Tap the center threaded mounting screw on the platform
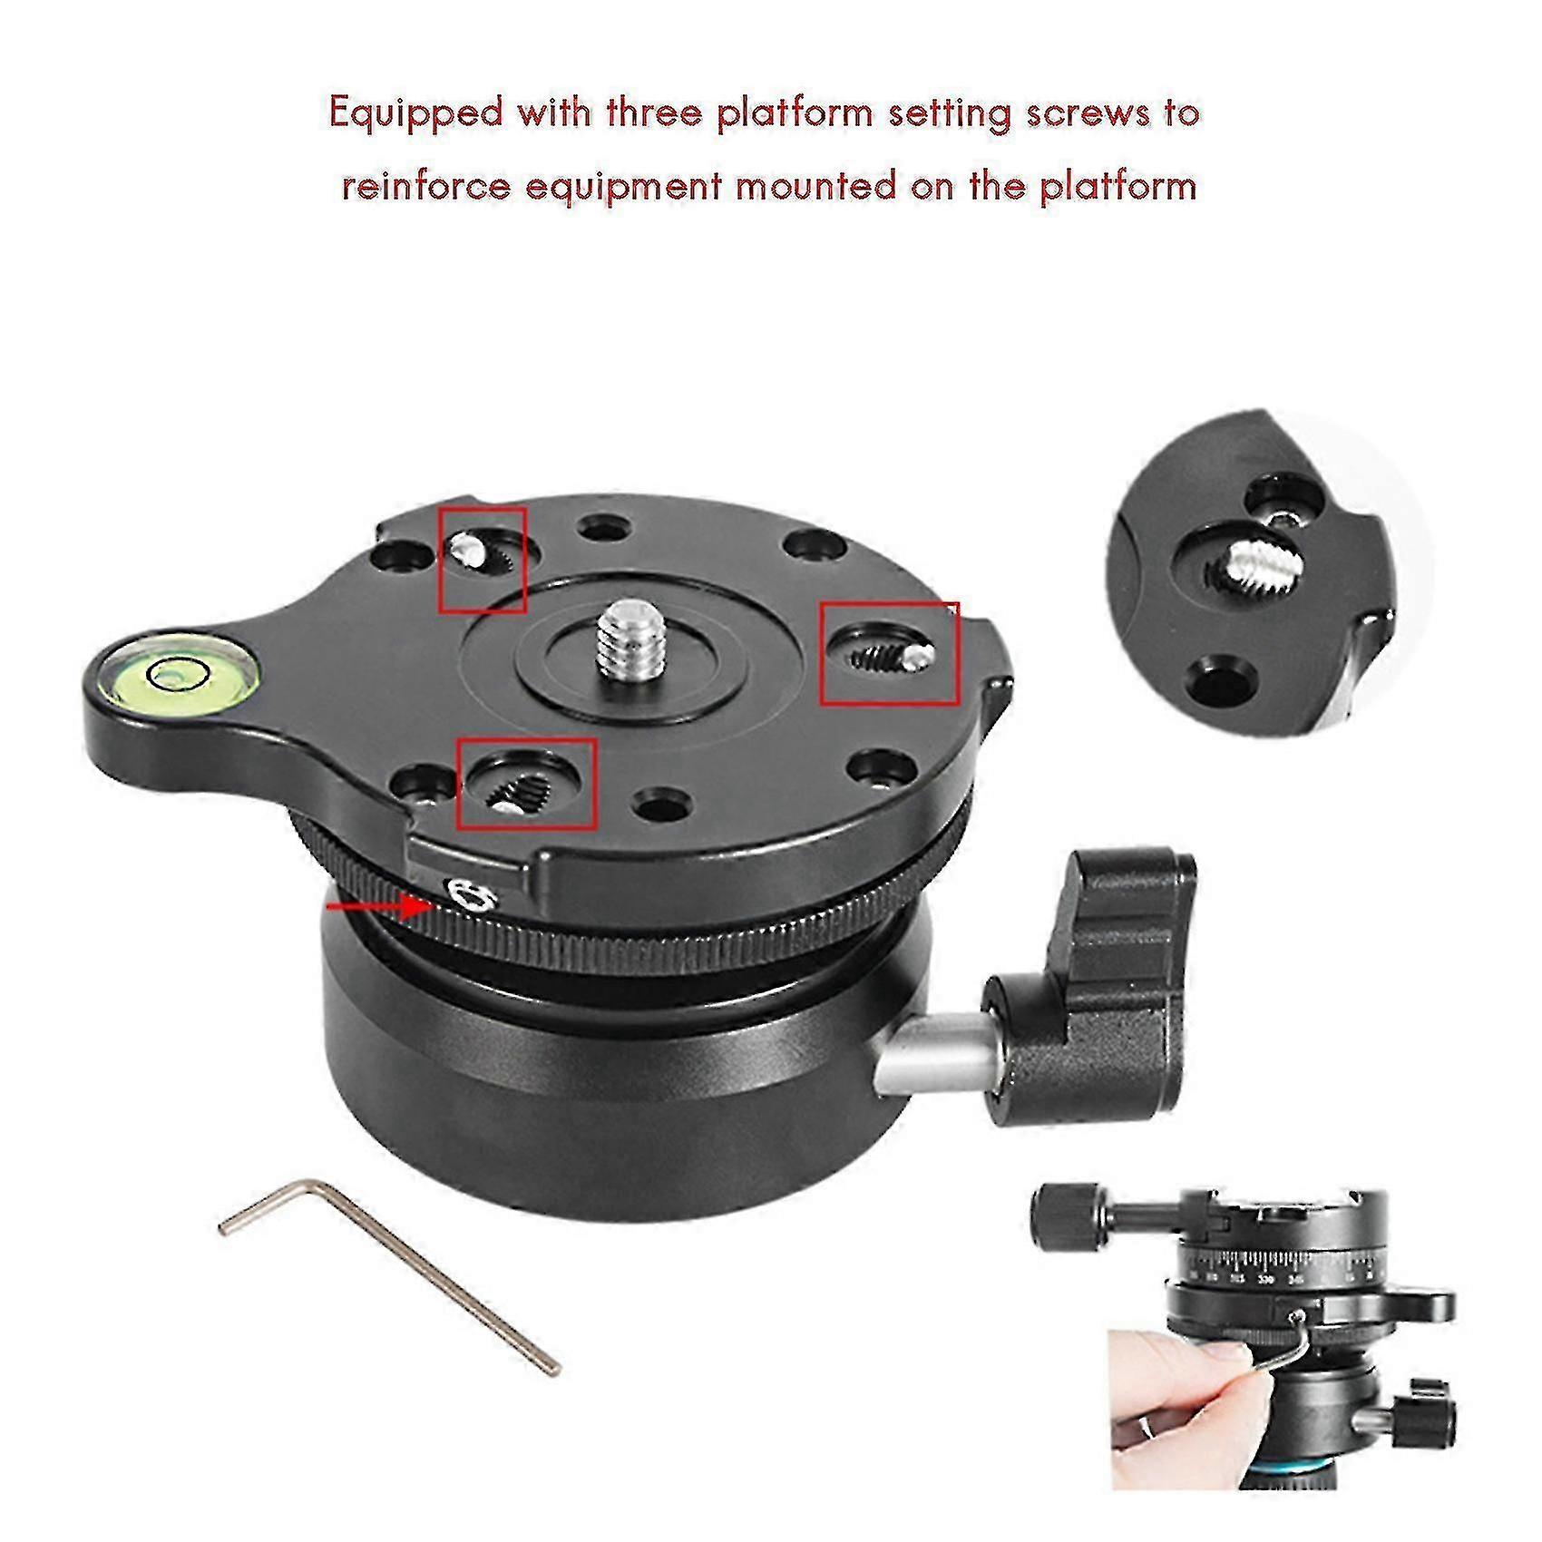tap(622, 639)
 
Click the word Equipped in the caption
tap(415, 114)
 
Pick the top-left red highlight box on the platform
tap(483, 559)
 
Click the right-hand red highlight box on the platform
tap(889, 653)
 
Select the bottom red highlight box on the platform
tap(526, 784)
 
